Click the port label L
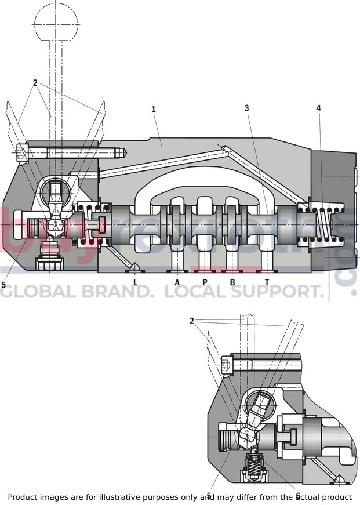coord(135,282)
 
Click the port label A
coord(177,282)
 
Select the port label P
coord(205,282)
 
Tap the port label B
coord(232,282)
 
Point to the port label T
coord(267,282)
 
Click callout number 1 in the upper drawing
coord(154,108)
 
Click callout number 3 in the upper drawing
coord(246,108)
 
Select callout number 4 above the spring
coord(318,108)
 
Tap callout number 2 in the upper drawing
coord(35,83)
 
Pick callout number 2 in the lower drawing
coord(192,321)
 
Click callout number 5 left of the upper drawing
coord(3,285)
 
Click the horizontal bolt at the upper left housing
coord(70,153)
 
